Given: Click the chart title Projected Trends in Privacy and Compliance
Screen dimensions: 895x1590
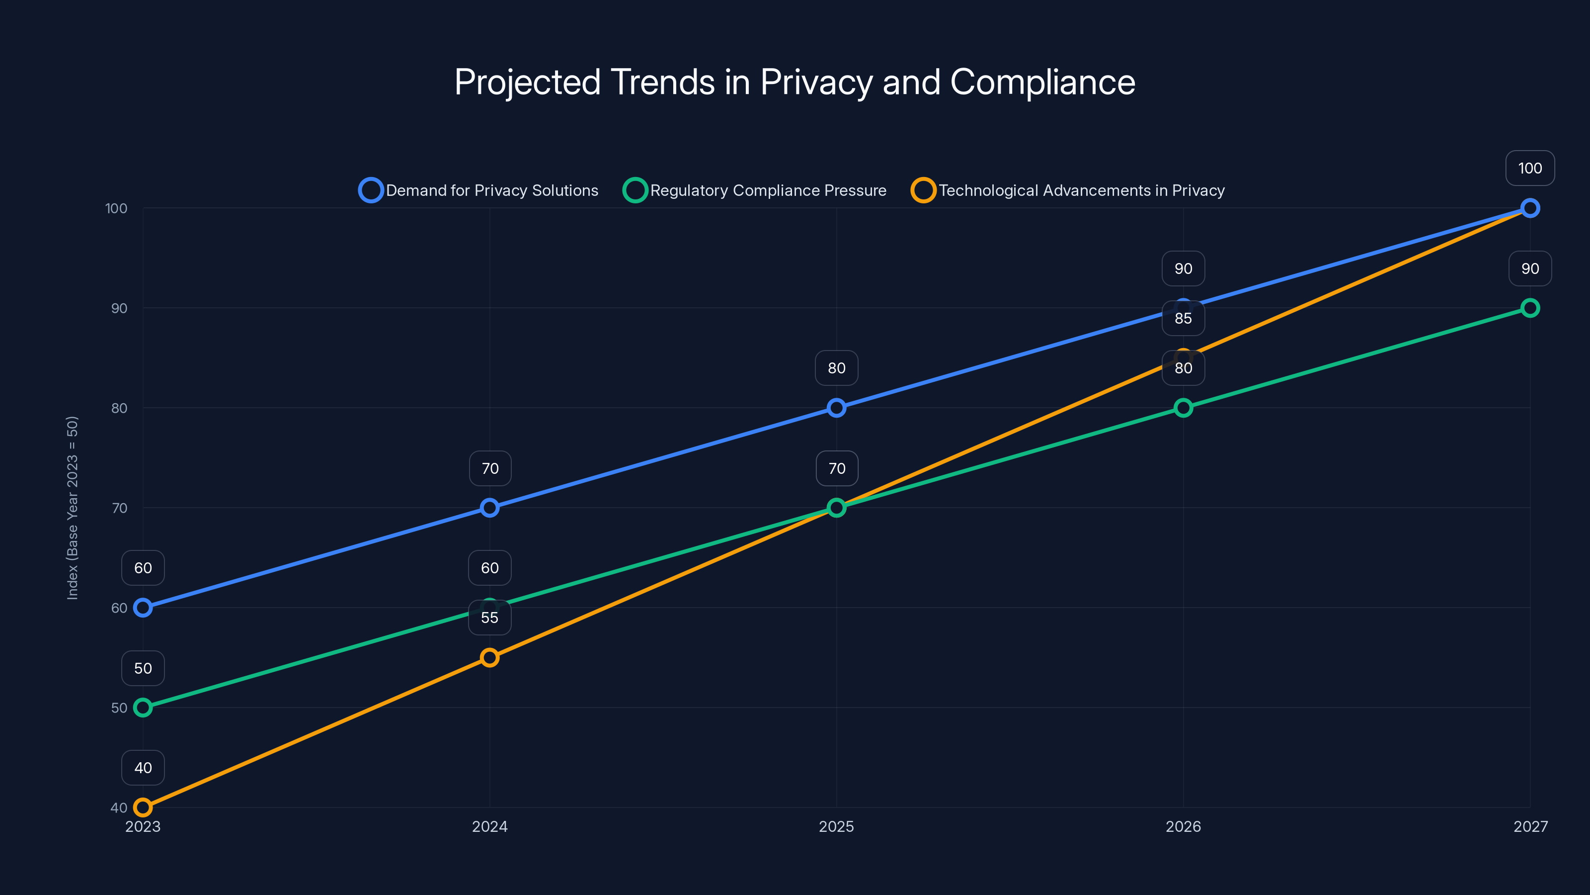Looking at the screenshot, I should point(795,82).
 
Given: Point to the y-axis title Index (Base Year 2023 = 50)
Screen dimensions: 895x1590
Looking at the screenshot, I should point(72,508).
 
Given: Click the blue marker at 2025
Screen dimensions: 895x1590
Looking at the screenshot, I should point(836,408).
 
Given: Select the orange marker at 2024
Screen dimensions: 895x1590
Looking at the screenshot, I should point(489,657).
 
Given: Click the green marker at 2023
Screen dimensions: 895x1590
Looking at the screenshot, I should point(143,707).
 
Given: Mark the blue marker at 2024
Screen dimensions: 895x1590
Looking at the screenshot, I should point(489,508).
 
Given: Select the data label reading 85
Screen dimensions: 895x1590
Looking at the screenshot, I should point(1183,318).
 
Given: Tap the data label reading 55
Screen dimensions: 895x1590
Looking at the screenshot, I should point(489,618).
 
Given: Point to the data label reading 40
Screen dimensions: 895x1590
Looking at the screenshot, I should point(143,768).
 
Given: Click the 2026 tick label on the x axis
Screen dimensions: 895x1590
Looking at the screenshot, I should point(1183,826).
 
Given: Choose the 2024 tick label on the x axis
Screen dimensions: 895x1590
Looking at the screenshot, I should point(489,826).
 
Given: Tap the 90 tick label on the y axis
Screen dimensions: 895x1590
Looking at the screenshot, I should point(119,308).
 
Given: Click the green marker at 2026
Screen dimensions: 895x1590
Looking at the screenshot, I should point(1183,408).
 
